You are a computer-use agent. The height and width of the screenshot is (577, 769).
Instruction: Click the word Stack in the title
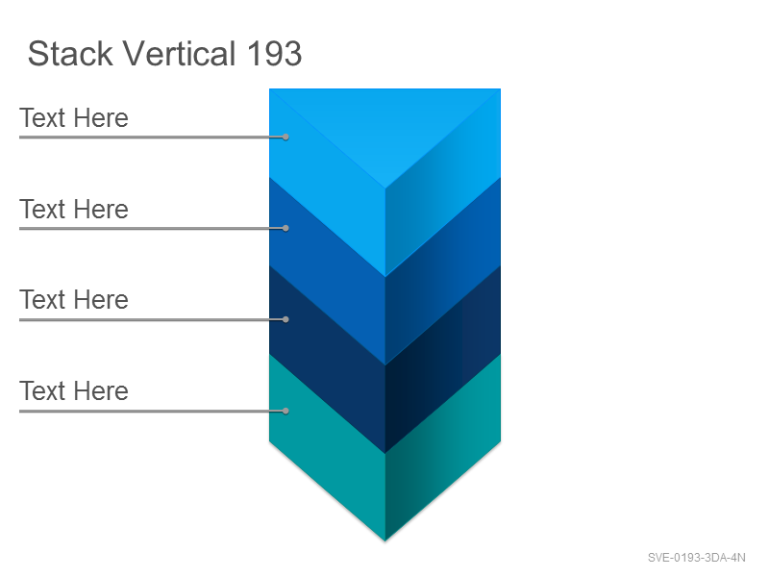pyautogui.click(x=70, y=53)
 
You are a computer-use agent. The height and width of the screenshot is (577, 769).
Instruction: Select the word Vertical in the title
pyautogui.click(x=179, y=53)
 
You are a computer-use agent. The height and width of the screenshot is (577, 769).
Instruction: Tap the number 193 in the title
pyautogui.click(x=274, y=54)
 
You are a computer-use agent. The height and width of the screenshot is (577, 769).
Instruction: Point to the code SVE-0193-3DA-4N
pyautogui.click(x=696, y=558)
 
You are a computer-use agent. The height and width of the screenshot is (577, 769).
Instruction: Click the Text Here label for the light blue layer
pyautogui.click(x=74, y=117)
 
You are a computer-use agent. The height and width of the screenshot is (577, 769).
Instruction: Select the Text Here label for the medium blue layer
pyautogui.click(x=74, y=209)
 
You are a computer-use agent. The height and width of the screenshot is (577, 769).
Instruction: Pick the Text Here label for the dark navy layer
pyautogui.click(x=74, y=299)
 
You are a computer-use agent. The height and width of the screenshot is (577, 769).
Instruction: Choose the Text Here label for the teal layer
pyautogui.click(x=74, y=390)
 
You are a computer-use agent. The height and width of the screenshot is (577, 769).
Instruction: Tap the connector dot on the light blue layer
pyautogui.click(x=285, y=137)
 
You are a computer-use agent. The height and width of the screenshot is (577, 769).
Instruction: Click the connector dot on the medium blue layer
pyautogui.click(x=285, y=228)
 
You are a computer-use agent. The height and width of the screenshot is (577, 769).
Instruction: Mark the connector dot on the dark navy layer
pyautogui.click(x=285, y=319)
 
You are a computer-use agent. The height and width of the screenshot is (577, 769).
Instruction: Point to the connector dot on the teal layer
pyautogui.click(x=285, y=411)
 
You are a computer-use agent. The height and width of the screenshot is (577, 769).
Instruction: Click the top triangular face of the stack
pyautogui.click(x=385, y=123)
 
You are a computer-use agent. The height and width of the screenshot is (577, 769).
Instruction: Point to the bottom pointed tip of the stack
pyautogui.click(x=385, y=540)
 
